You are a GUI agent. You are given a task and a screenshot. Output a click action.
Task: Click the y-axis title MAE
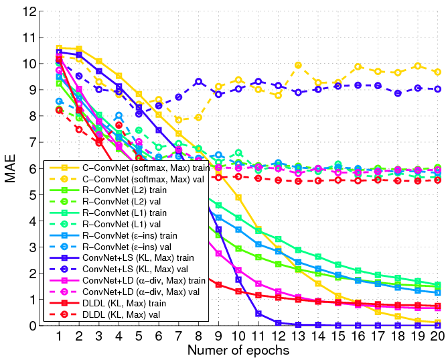click(10, 169)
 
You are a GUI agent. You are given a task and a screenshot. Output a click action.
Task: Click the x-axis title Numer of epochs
click(238, 350)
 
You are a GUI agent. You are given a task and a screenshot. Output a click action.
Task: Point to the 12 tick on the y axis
click(29, 11)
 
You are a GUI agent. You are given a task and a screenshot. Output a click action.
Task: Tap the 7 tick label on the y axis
click(33, 142)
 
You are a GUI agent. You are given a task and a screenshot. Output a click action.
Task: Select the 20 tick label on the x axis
click(437, 337)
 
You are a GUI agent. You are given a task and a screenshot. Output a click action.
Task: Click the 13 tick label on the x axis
click(298, 337)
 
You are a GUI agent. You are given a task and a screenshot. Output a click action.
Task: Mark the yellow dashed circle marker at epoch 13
click(298, 66)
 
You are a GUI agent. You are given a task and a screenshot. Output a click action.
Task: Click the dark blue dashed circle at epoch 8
click(199, 82)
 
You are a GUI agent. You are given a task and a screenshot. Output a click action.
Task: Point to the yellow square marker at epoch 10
click(238, 198)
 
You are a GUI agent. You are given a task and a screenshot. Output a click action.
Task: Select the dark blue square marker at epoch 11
click(258, 314)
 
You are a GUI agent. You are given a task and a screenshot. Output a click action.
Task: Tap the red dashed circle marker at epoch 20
click(437, 180)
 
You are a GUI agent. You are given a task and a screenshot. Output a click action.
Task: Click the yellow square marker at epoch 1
click(59, 48)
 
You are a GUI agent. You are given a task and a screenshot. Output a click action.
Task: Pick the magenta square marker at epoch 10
click(238, 270)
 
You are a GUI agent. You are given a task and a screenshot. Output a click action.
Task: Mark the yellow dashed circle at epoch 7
click(179, 120)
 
